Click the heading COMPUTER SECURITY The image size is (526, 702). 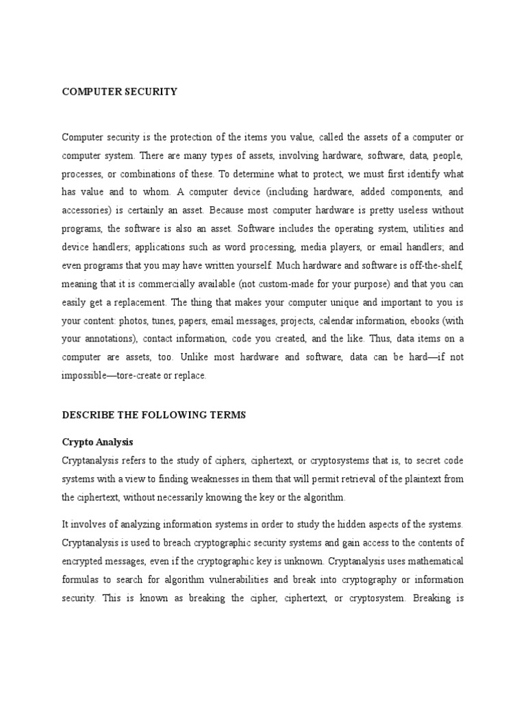[120, 91]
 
